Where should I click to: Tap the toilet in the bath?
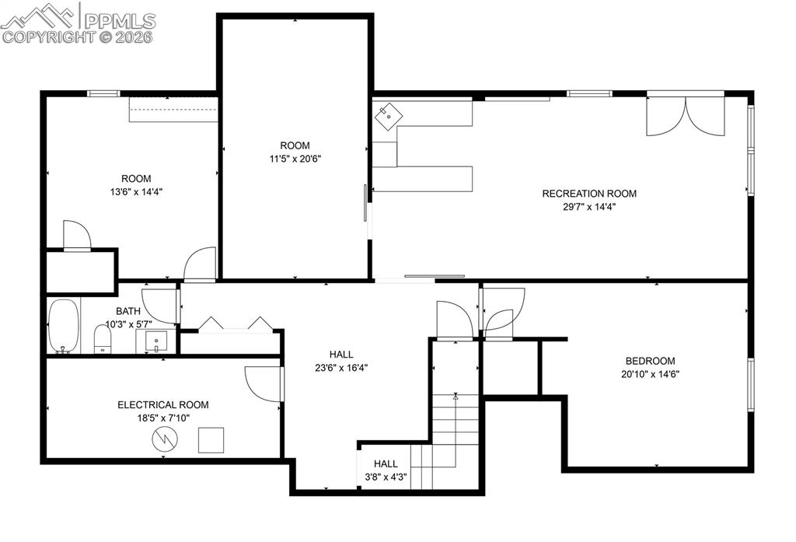102,338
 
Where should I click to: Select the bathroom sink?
156,341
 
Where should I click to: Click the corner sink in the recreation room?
389,117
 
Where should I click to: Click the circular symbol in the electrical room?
166,440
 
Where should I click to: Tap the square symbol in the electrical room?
211,440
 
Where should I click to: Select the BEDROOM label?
650,361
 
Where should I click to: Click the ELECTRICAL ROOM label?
163,405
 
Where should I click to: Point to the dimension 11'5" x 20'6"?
295,159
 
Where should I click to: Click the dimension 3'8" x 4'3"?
386,477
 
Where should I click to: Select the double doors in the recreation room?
685,114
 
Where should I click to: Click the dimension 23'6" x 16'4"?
340,369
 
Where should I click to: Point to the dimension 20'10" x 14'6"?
650,373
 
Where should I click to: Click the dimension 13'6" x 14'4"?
136,191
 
